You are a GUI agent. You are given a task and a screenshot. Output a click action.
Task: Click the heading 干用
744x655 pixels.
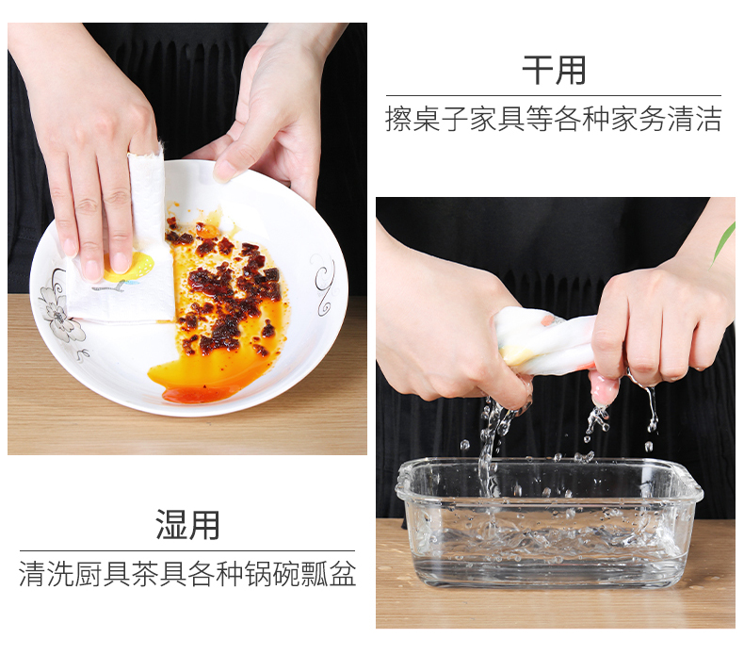[x=553, y=71]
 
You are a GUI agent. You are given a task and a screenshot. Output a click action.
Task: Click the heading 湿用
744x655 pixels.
[x=187, y=525]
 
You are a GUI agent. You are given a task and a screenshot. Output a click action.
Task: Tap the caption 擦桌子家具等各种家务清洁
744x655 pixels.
[x=553, y=119]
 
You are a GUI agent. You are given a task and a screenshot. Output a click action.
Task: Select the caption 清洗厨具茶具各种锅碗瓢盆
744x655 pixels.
[x=187, y=574]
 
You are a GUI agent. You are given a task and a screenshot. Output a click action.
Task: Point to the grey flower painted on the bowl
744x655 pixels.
[x=60, y=314]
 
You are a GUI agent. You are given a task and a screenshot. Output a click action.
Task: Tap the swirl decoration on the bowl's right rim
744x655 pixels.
[x=324, y=284]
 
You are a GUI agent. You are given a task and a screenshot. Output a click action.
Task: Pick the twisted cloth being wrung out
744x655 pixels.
[x=545, y=338]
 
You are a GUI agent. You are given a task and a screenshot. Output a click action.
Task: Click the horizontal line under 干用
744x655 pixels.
[x=553, y=96]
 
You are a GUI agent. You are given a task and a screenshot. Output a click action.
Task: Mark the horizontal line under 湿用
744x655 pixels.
[x=187, y=550]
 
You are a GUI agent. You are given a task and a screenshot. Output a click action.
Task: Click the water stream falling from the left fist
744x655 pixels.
[x=489, y=442]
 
